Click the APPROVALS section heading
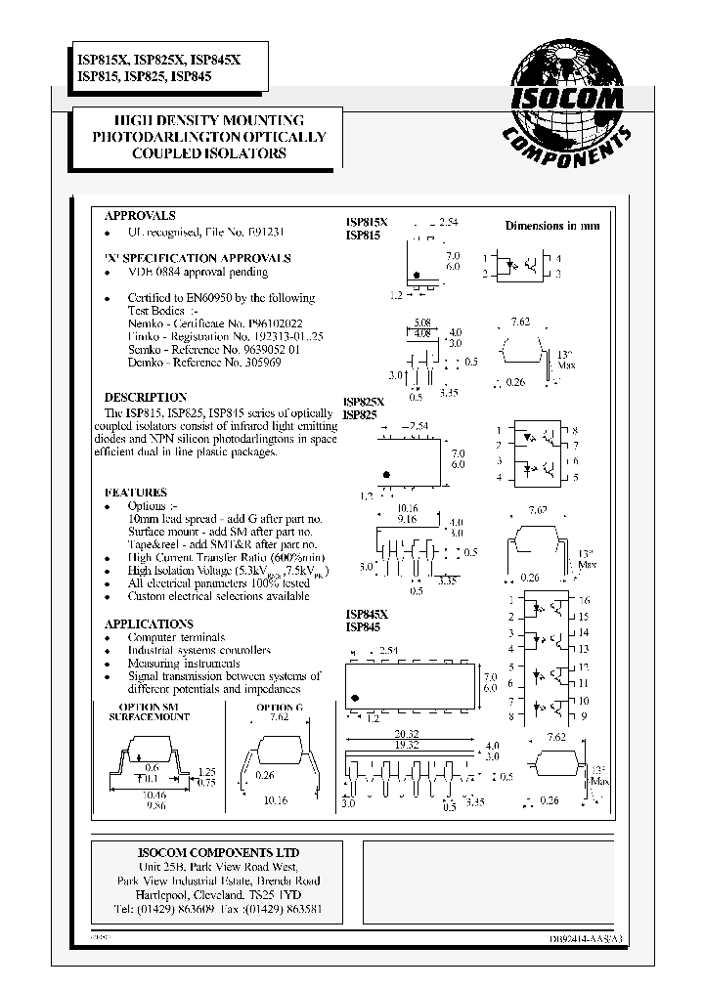point(140,215)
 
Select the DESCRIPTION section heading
point(146,398)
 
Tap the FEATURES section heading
point(135,493)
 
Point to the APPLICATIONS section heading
point(149,623)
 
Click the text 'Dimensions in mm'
point(552,226)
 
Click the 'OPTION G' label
point(280,706)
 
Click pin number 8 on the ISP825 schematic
point(576,431)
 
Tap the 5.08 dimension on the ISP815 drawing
point(422,322)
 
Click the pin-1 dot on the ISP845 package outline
point(355,698)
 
